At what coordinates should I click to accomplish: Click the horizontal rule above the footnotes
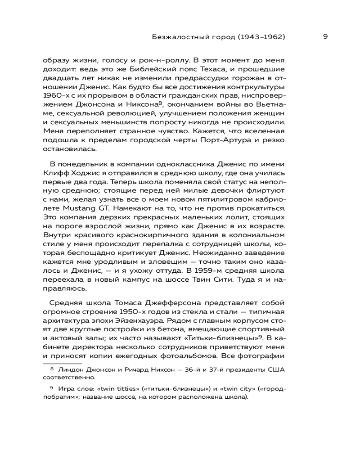pos(63,363)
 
